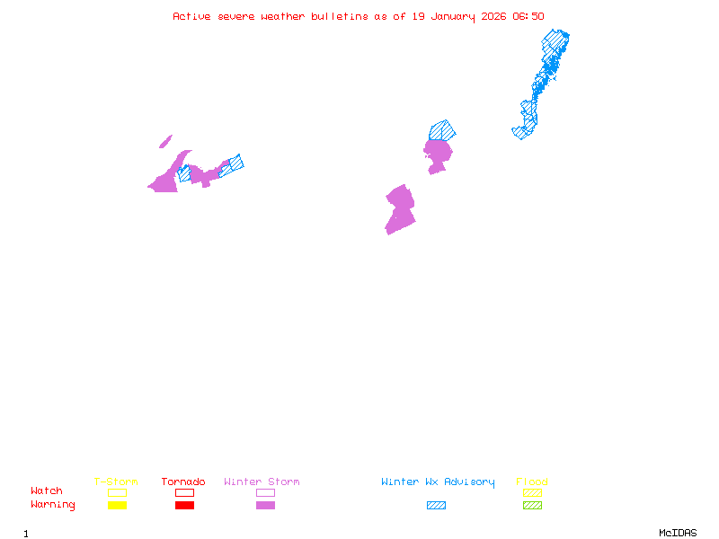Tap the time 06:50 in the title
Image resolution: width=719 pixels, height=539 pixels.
528,16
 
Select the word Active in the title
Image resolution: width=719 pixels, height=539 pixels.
192,16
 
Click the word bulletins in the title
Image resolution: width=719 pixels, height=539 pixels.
340,16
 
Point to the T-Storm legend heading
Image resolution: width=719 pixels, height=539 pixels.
116,482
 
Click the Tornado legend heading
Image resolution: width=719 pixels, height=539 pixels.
183,482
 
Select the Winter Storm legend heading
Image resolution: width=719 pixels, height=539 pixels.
262,482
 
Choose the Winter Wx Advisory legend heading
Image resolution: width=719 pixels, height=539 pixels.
438,482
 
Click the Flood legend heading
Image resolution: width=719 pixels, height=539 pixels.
532,482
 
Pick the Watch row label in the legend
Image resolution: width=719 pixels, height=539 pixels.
47,491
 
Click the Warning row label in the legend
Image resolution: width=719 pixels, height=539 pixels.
53,505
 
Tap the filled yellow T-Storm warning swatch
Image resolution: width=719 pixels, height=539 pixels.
117,506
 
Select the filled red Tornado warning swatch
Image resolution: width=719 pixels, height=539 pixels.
184,506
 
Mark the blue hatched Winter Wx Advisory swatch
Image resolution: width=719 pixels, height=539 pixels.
436,506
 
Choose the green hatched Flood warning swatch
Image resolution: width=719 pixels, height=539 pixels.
532,506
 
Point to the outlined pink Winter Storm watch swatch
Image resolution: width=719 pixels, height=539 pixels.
265,492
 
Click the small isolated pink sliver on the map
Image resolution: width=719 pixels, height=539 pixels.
165,142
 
